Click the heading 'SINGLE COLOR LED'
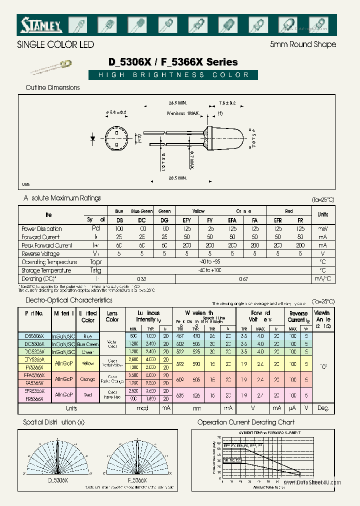55,44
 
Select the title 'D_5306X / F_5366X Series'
173,62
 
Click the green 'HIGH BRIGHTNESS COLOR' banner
173,75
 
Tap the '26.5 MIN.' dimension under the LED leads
177,177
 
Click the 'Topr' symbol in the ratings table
95,262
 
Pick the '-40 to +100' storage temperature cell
209,270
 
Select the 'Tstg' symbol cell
95,270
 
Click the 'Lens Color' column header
112,316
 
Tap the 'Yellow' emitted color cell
88,363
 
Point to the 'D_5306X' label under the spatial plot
58,479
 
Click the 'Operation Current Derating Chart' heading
246,422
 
